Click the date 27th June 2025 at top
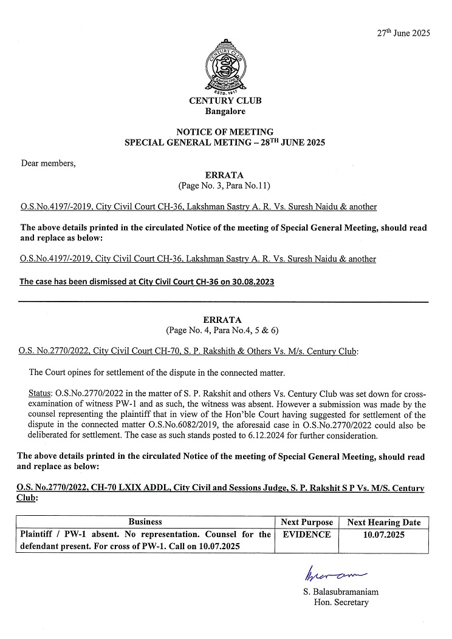(403, 33)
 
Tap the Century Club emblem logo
(225, 66)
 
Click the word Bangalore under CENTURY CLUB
(225, 112)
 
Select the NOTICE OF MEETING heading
(225, 132)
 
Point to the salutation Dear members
(49, 163)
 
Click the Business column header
(145, 522)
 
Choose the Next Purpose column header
(307, 522)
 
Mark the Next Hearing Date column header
(384, 522)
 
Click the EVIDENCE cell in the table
(307, 535)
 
